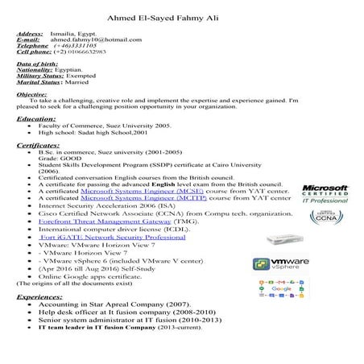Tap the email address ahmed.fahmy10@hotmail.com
click(x=89, y=39)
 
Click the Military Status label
click(x=37, y=76)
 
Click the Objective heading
click(x=31, y=94)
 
